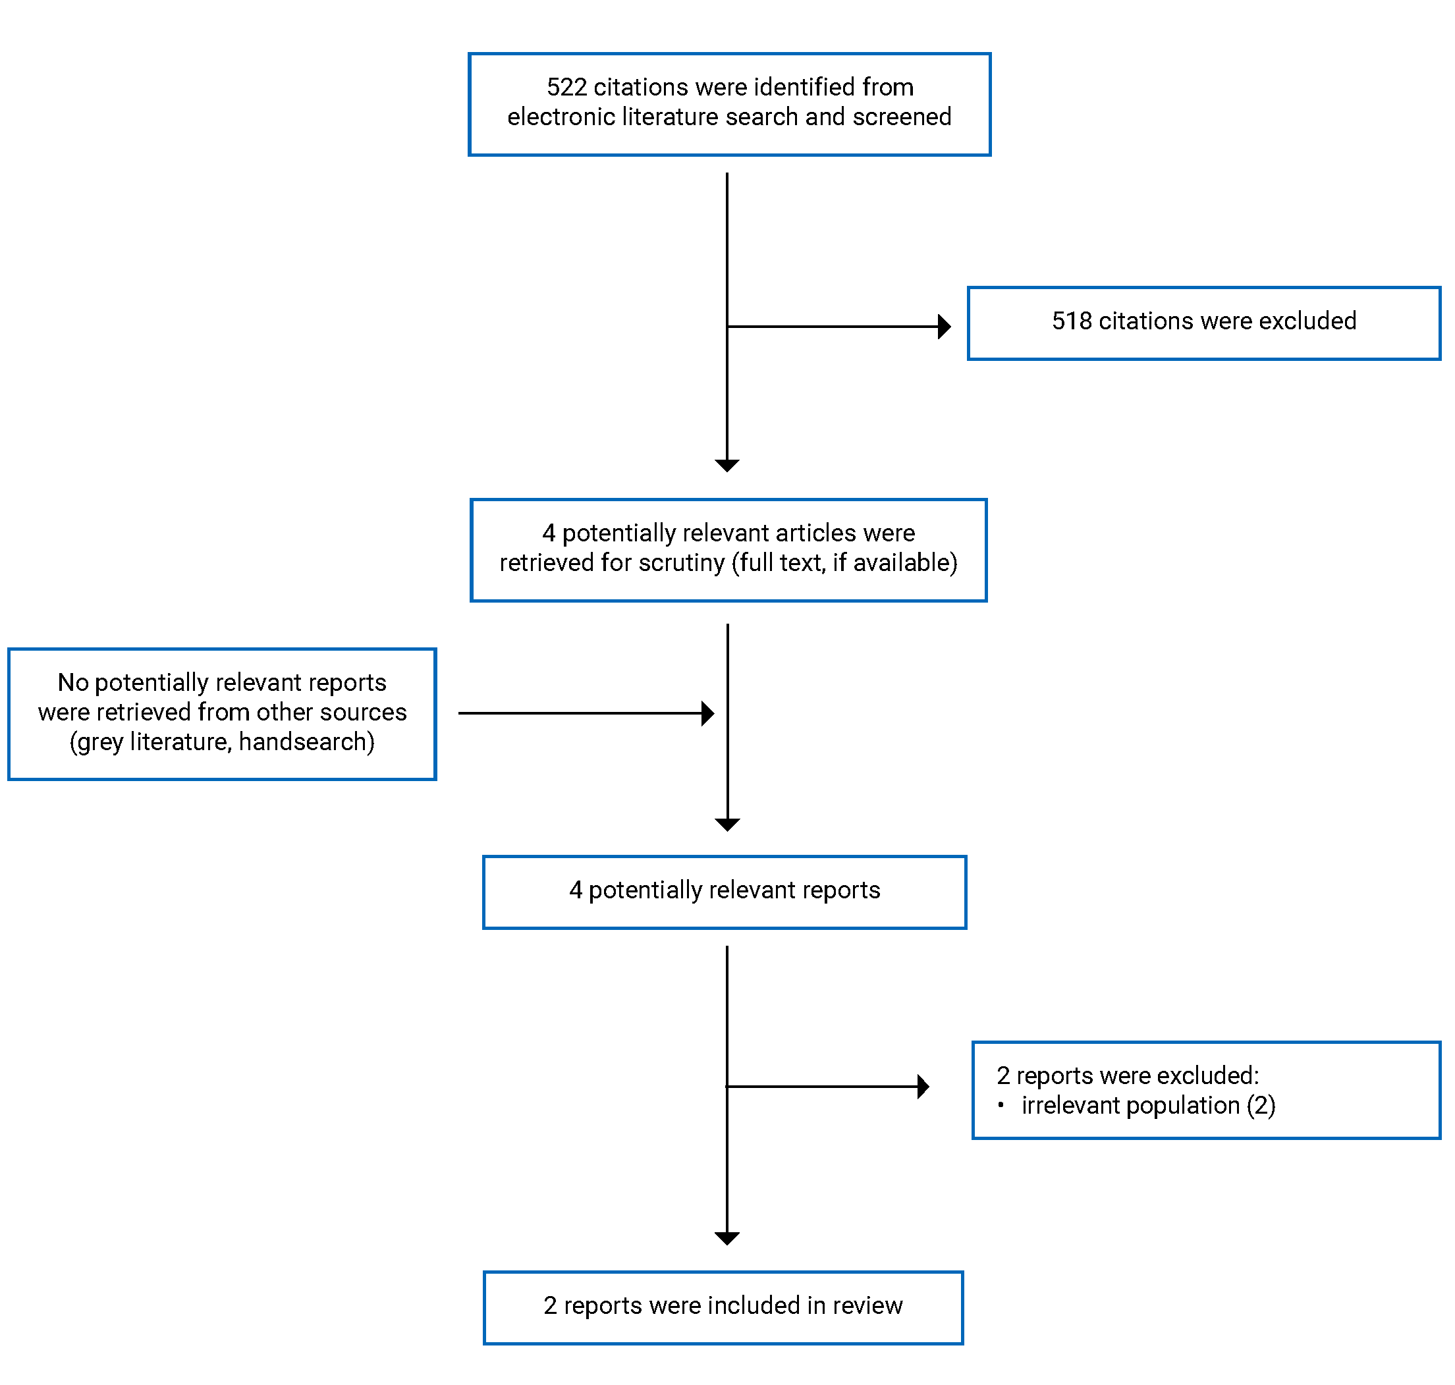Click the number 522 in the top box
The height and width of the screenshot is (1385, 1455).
pyautogui.click(x=566, y=87)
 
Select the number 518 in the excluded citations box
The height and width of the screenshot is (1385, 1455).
pyautogui.click(x=1071, y=321)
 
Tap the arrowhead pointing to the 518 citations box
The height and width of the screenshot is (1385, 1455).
pyautogui.click(x=944, y=326)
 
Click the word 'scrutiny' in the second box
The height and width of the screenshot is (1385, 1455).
pyautogui.click(x=682, y=563)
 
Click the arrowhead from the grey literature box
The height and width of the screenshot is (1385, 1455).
pyautogui.click(x=708, y=714)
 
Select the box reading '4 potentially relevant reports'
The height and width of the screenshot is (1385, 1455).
pyautogui.click(x=724, y=892)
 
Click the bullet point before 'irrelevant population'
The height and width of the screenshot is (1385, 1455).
pyautogui.click(x=1001, y=1105)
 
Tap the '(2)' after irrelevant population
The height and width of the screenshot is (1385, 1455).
pyautogui.click(x=1261, y=1105)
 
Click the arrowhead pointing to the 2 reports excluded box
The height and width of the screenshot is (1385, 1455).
pyautogui.click(x=923, y=1087)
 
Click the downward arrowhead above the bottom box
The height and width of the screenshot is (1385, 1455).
pyautogui.click(x=727, y=1239)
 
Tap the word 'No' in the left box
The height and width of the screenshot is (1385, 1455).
pyautogui.click(x=73, y=682)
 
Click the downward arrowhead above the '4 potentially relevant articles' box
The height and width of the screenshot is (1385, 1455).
pyautogui.click(x=727, y=466)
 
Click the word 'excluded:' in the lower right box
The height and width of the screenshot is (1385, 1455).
pyautogui.click(x=1219, y=1075)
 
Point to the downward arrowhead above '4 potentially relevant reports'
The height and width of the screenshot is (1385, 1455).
pyautogui.click(x=727, y=825)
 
